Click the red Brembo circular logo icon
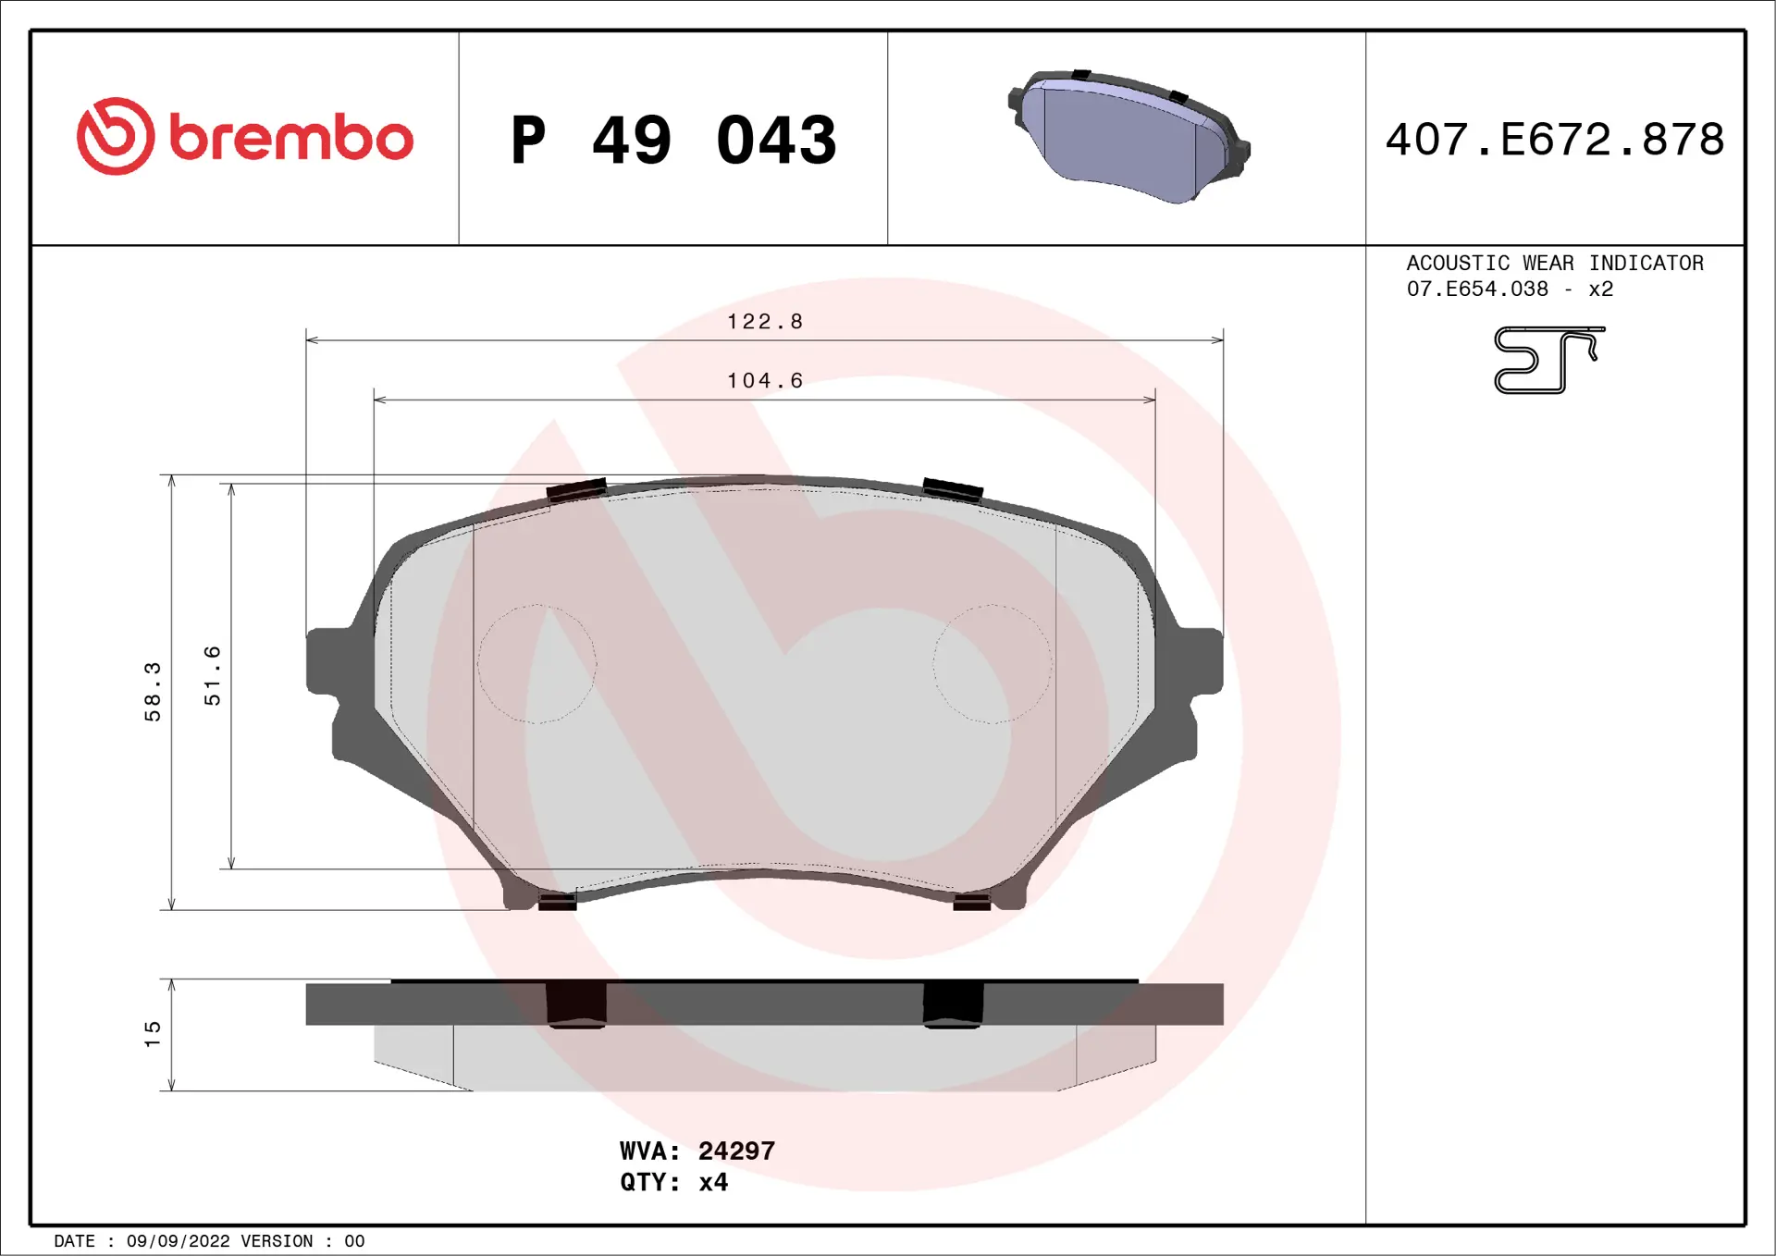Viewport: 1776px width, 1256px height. click(x=116, y=136)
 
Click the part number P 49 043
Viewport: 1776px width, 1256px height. click(x=673, y=141)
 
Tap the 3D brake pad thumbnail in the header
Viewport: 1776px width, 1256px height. click(x=1128, y=136)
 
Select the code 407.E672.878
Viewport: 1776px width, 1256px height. click(x=1554, y=140)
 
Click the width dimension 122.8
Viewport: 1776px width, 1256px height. click(x=765, y=322)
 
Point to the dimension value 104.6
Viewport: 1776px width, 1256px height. click(x=765, y=381)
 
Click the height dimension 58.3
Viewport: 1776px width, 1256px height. click(x=153, y=691)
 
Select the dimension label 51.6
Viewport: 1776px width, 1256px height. click(x=213, y=676)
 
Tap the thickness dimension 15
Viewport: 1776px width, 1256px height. click(x=153, y=1034)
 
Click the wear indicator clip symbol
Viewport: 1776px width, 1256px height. click(x=1548, y=360)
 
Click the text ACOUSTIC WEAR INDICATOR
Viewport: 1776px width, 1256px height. click(x=1554, y=263)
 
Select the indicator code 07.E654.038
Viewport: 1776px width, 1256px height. click(x=1477, y=289)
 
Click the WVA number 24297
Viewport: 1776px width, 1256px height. click(x=736, y=1151)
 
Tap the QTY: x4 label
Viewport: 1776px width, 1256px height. click(x=673, y=1182)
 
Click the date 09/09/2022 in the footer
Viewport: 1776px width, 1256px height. click(x=178, y=1241)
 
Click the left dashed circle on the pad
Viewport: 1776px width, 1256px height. click(x=536, y=663)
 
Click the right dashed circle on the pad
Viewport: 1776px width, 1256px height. click(x=993, y=663)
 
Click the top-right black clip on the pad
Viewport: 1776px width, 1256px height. click(x=953, y=489)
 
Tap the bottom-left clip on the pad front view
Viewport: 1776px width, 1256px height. click(x=557, y=902)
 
